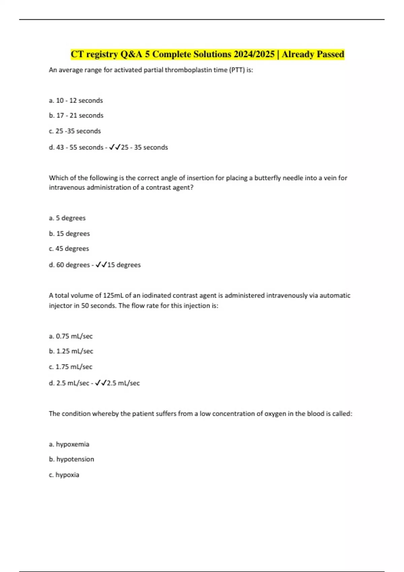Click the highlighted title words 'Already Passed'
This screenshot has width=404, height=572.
313,54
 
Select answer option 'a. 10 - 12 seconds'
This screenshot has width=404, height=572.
76,101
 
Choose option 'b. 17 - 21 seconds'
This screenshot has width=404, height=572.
76,115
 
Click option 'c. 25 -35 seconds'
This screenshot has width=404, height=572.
75,131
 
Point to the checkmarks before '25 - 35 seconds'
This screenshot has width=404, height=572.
115,147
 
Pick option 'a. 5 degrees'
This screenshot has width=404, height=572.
67,218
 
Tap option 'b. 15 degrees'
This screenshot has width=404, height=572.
69,234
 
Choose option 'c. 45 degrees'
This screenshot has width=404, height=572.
69,249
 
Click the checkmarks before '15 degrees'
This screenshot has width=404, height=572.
101,265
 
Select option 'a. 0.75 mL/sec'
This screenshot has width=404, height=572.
71,336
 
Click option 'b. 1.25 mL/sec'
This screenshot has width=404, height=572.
71,351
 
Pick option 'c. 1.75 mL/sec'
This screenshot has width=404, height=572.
71,367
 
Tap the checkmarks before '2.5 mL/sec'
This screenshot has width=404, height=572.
101,383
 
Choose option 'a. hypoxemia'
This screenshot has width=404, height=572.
69,444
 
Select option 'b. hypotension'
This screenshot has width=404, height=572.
71,459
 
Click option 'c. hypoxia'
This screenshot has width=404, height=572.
64,475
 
